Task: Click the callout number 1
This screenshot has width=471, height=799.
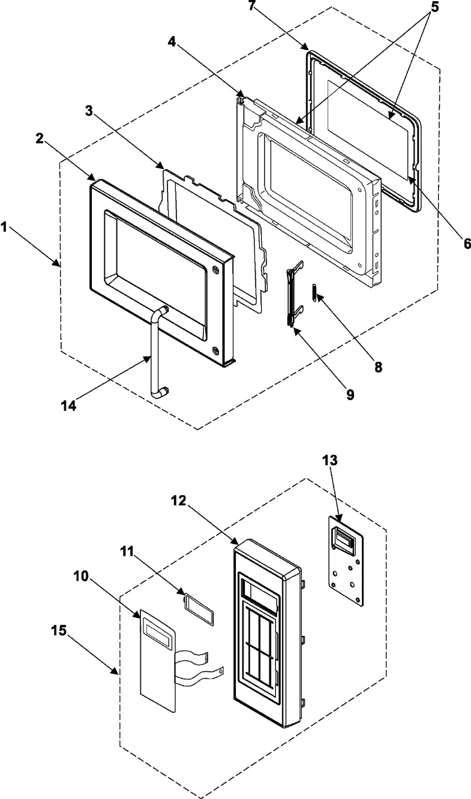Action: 4,227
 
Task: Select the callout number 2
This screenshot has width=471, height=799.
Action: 40,138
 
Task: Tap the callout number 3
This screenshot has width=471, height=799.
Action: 89,110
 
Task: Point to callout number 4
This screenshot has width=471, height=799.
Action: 172,42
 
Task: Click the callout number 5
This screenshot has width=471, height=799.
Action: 434,7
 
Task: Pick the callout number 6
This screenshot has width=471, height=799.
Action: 467,243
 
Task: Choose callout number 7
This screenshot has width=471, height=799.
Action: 252,6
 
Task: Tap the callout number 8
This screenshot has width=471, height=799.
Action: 378,367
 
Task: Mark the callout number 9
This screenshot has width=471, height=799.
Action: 350,394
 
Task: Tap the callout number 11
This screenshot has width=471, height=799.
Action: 127,551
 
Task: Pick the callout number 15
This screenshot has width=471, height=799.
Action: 59,631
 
